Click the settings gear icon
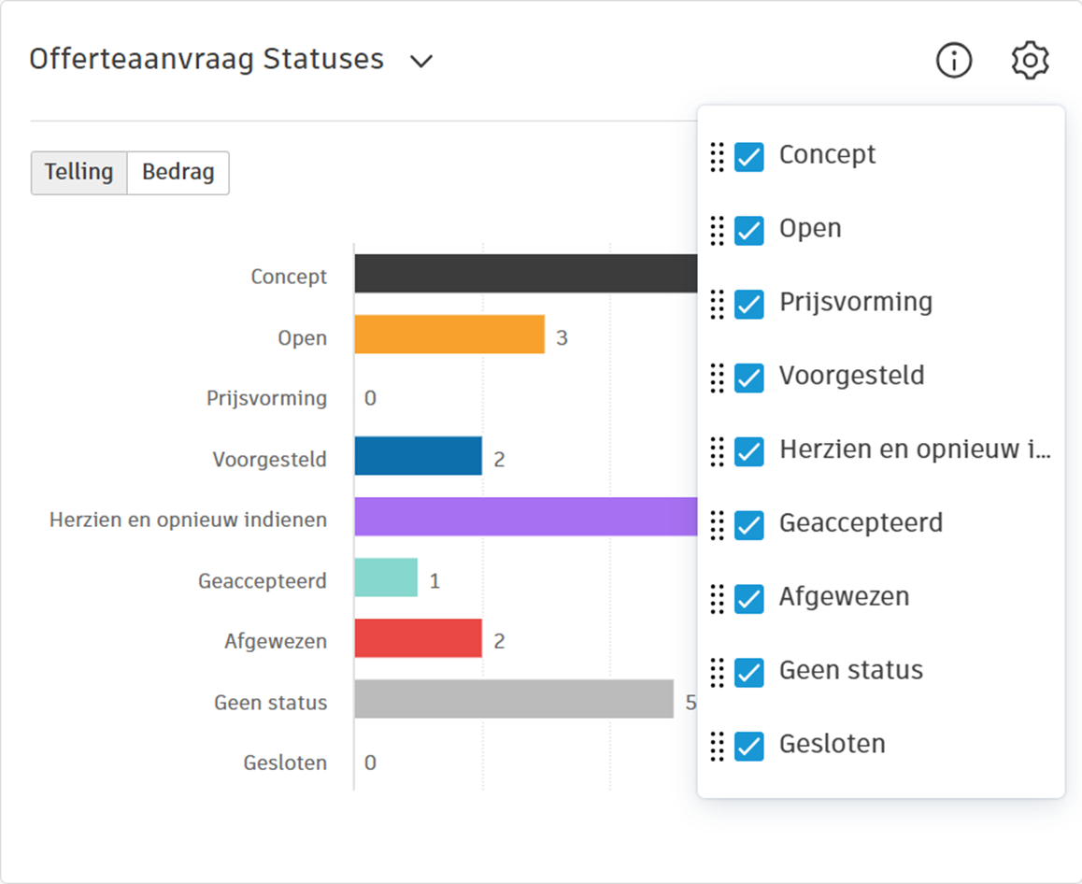coord(1030,61)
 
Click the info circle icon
coord(954,61)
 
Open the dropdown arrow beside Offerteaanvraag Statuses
coord(421,61)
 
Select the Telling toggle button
coord(78,173)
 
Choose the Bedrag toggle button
coord(178,173)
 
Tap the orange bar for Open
coord(448,335)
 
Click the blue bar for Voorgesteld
coord(418,456)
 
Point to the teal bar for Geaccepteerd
coord(385,577)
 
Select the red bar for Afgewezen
coord(418,638)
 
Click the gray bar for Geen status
coord(513,699)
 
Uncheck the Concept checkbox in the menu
coord(749,157)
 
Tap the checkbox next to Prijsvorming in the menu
coord(749,305)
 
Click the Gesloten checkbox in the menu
coord(749,747)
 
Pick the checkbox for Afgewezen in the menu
coord(749,599)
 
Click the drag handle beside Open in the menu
coord(717,230)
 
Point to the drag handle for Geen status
coord(717,672)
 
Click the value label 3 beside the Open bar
coord(562,337)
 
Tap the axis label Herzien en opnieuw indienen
coord(188,520)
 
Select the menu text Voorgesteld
coord(851,376)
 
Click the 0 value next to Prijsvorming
coord(370,398)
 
